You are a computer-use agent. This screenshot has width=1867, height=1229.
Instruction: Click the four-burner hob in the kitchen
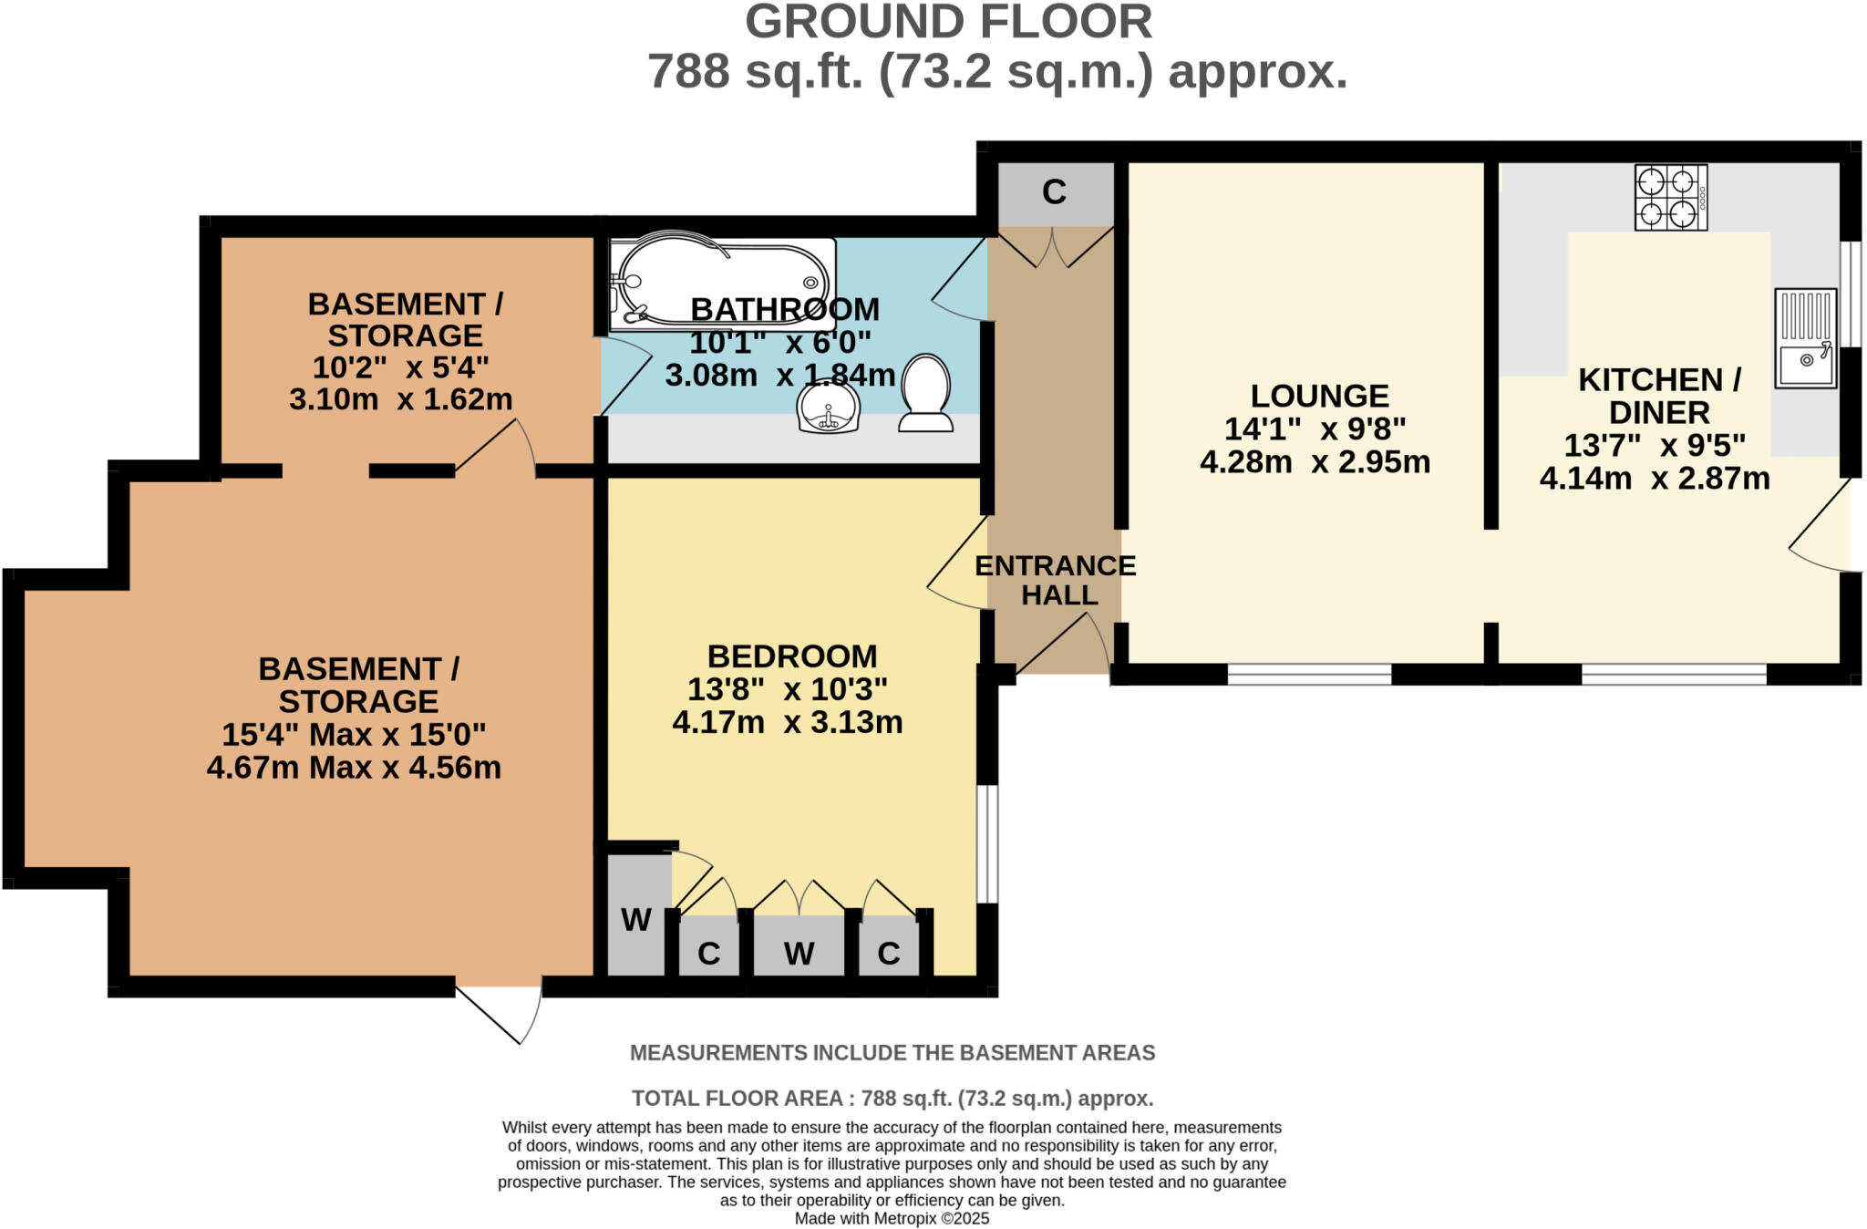tap(1670, 197)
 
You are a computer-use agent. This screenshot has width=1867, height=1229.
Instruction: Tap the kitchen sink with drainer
tap(1805, 338)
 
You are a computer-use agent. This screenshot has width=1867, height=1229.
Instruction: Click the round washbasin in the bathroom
tap(828, 407)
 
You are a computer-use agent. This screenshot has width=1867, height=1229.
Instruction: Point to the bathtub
tap(721, 283)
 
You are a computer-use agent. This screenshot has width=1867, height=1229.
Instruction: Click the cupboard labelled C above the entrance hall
tap(1055, 192)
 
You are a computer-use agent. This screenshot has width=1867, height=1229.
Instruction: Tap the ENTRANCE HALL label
tap(1056, 580)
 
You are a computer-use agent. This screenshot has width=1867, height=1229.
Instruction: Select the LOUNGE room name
tap(1319, 396)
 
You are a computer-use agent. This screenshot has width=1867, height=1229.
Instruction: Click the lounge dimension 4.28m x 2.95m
tap(1315, 462)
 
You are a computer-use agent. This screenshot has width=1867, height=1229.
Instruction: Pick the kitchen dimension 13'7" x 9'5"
tap(1655, 446)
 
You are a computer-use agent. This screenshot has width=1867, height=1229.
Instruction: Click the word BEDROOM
tap(791, 656)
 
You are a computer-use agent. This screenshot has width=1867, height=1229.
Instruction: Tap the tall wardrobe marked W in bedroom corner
tap(635, 919)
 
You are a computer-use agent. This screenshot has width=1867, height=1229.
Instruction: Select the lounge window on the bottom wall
tap(1309, 675)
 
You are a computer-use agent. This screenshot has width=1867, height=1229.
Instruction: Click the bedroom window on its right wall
tap(987, 843)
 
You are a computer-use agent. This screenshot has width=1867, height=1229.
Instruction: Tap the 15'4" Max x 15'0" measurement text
tap(354, 735)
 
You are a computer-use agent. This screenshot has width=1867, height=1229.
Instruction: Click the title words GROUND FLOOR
tap(948, 22)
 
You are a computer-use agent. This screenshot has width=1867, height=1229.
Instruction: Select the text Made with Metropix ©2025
tap(892, 1218)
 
